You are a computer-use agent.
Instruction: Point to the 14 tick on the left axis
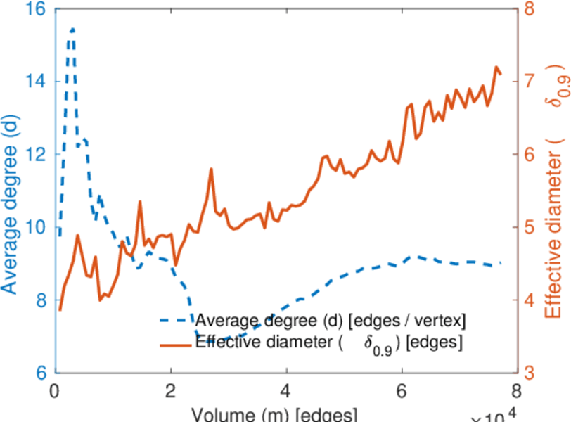pos(33,82)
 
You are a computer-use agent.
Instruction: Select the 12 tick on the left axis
pos(33,154)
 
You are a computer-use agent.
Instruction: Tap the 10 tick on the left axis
pos(33,227)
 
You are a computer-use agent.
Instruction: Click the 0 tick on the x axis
pos(54,391)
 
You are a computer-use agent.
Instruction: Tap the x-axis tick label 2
pos(170,391)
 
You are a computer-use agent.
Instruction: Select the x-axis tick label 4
pos(285,391)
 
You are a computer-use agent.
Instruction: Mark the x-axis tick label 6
pos(401,391)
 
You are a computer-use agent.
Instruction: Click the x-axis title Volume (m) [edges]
pos(274,414)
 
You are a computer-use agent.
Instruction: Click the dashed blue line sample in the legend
pos(174,321)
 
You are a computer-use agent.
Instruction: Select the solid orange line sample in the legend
pos(174,345)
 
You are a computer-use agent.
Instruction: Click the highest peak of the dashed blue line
pos(72,30)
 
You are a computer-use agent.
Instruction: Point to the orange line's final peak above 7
pos(496,68)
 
